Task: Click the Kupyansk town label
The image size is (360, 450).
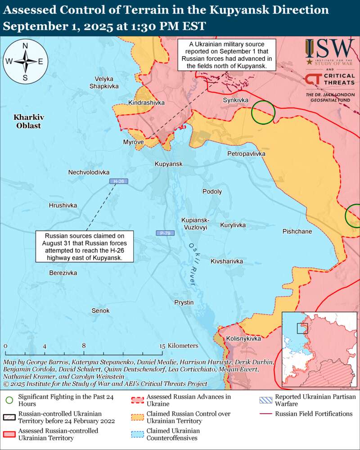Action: (168, 164)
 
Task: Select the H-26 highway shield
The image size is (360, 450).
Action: (119, 181)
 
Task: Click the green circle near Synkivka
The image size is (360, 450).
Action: (263, 112)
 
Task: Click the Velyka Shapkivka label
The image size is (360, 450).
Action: (103, 82)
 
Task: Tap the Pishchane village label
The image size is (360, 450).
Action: (297, 231)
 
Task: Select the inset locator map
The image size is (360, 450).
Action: (320, 349)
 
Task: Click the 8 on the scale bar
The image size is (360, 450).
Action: (84, 346)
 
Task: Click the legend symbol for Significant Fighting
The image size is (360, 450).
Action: (9, 399)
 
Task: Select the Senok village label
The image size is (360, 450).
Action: (100, 310)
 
